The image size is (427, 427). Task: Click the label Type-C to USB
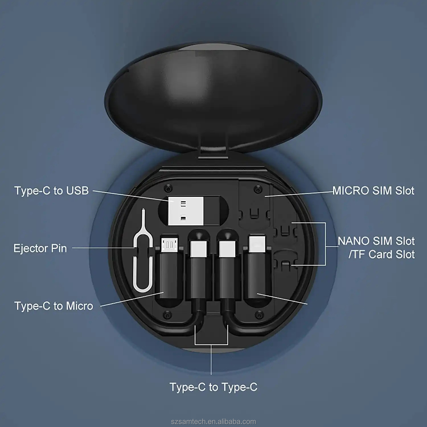[52, 191]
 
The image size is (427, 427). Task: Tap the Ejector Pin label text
[40, 248]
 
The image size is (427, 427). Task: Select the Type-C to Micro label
[54, 306]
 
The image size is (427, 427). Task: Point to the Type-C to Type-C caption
[213, 387]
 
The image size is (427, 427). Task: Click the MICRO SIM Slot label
[373, 191]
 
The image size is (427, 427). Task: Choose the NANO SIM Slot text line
[376, 241]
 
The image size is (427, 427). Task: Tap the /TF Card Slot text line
[381, 254]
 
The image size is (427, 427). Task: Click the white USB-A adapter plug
[186, 211]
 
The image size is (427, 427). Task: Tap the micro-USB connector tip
[170, 245]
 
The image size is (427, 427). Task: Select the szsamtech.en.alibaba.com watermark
[213, 422]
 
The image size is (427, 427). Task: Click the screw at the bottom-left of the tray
[167, 315]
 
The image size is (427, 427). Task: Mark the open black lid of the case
[213, 94]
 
